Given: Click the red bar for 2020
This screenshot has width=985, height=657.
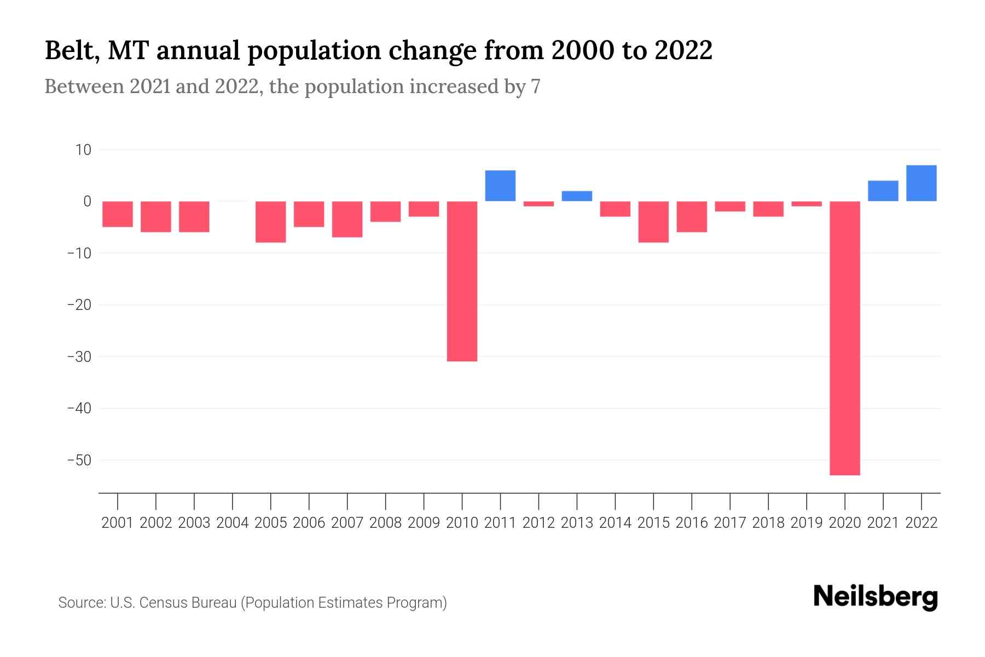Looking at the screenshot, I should [x=844, y=338].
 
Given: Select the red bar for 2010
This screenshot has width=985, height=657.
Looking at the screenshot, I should [x=462, y=281].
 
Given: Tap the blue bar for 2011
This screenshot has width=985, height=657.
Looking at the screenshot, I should [x=500, y=186].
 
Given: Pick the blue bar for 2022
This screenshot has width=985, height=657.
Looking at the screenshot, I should [x=921, y=183].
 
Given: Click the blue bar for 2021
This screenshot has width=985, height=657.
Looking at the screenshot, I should [x=883, y=191].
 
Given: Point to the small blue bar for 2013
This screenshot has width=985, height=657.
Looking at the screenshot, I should [x=577, y=196].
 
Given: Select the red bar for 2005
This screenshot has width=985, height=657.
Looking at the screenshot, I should [x=271, y=222].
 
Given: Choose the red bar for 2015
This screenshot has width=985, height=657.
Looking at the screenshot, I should [x=653, y=222].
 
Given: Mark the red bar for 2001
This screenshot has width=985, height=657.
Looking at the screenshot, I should [x=118, y=214].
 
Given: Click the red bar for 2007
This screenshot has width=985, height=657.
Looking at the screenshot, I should [x=347, y=219].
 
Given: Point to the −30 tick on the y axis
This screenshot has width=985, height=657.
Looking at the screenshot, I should [x=79, y=356].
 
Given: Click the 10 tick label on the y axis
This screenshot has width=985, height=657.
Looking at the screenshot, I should [x=83, y=149].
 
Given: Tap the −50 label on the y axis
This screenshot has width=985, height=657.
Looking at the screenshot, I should [x=79, y=460].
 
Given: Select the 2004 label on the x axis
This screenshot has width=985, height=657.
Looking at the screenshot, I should [x=233, y=523].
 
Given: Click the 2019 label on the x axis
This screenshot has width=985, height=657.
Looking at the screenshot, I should [x=807, y=523].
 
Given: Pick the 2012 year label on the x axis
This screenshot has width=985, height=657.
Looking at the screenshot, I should [x=538, y=523].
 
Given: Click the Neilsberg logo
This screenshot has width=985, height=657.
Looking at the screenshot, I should [x=876, y=597].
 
